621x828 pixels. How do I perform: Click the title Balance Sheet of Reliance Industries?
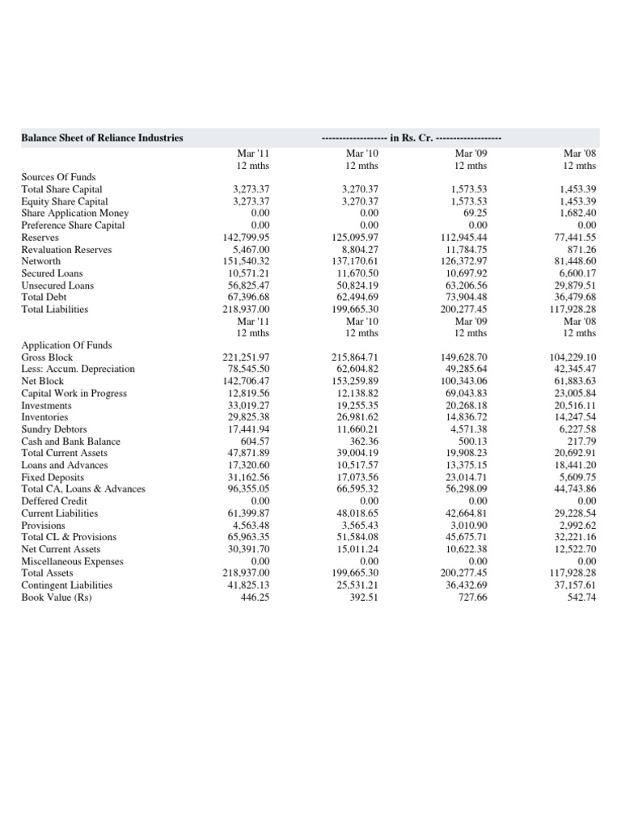tap(102, 137)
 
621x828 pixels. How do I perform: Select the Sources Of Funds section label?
tap(58, 177)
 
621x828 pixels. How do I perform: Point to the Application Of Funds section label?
tap(66, 344)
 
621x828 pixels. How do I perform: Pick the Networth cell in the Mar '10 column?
tap(355, 262)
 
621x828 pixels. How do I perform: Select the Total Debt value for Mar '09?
tap(464, 298)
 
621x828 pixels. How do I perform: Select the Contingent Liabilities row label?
tap(67, 585)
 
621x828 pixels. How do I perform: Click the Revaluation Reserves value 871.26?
tap(581, 250)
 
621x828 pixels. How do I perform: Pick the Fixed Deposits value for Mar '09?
tap(464, 477)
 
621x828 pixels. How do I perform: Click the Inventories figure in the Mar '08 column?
tap(573, 417)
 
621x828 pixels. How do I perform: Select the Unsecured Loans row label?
tap(57, 285)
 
